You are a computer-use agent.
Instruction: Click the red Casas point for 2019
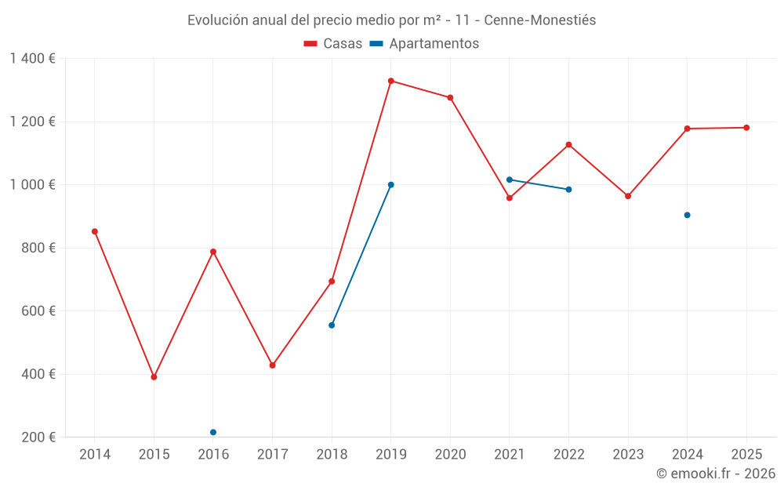click(390, 81)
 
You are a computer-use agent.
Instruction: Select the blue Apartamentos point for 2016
click(213, 432)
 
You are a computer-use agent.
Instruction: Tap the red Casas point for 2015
click(154, 377)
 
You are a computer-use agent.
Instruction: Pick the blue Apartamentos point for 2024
click(687, 215)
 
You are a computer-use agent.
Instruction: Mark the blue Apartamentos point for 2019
click(390, 185)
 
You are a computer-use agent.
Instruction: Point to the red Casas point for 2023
click(628, 196)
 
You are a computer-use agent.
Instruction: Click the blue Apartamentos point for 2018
click(332, 325)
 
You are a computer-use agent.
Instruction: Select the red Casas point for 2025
click(746, 128)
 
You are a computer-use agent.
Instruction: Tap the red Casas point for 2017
click(272, 365)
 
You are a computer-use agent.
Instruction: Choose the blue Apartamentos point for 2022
click(568, 189)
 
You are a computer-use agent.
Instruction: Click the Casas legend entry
click(333, 44)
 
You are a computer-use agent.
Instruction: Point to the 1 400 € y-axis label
click(33, 59)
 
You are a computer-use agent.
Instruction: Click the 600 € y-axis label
click(38, 311)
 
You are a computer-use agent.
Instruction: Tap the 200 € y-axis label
click(38, 437)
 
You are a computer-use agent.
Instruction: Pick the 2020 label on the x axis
click(450, 455)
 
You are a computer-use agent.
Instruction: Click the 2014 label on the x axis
click(95, 455)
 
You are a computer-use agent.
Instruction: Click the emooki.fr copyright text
click(715, 474)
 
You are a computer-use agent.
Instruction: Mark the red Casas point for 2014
click(95, 231)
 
